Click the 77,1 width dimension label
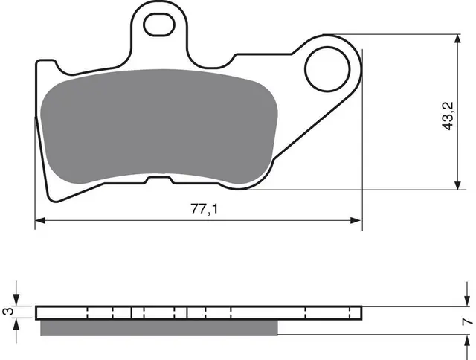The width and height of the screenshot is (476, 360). tap(204, 209)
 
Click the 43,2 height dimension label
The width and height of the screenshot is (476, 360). tap(448, 116)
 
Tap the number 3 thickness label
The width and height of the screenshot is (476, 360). tap(9, 312)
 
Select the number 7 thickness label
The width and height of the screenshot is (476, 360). tap(468, 321)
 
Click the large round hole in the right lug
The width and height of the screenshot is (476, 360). tap(327, 69)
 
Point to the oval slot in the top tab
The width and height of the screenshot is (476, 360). tap(158, 25)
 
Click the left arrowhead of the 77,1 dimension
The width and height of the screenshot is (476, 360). tap(40, 220)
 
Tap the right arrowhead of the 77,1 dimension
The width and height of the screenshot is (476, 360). tap(356, 220)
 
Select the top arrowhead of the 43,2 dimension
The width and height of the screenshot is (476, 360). tap(458, 39)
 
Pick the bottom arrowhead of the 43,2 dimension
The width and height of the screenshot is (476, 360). tap(458, 185)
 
